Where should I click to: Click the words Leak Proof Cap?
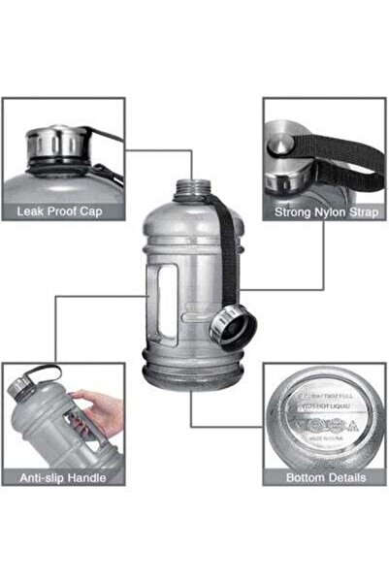[x=63, y=211]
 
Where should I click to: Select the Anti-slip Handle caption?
[x=63, y=476]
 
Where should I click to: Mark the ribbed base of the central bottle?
[x=194, y=383]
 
